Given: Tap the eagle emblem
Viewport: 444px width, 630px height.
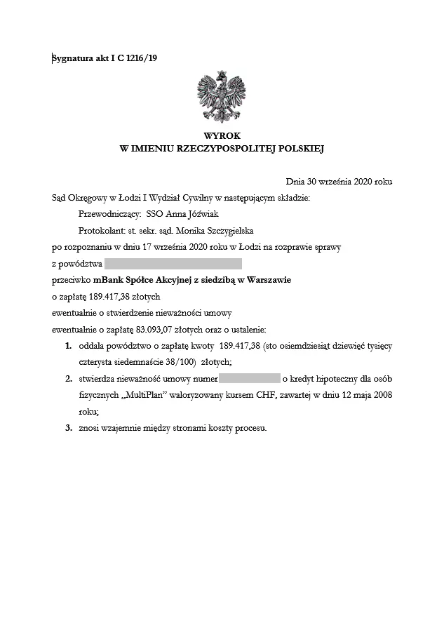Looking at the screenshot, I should [x=222, y=97].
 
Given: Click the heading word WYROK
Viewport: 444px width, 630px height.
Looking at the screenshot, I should [x=222, y=135].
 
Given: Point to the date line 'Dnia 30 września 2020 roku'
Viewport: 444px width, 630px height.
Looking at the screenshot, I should [x=339, y=182].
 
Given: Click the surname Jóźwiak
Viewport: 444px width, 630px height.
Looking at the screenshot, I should [x=204, y=214].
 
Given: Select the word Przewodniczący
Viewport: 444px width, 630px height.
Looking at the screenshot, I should [x=109, y=214].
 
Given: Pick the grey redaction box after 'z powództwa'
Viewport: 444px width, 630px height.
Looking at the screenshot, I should [x=173, y=264].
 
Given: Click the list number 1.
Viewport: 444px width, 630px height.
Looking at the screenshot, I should [x=68, y=346].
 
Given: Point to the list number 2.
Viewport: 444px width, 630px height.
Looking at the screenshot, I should [x=68, y=379].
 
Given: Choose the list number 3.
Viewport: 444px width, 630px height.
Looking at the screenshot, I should [x=68, y=428].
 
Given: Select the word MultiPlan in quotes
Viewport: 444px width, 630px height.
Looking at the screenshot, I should [x=152, y=395].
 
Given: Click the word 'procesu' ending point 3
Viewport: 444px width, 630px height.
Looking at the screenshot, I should [x=250, y=428].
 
